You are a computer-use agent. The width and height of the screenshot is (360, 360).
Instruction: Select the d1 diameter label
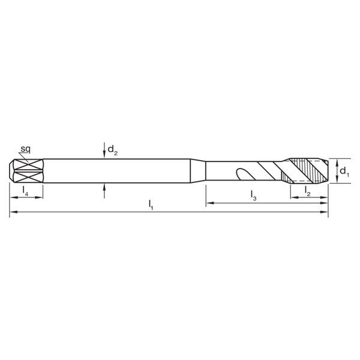pos(344,172)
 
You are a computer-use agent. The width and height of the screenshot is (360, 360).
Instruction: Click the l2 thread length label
pos(307,191)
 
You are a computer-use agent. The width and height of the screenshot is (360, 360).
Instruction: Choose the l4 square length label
pos(25,191)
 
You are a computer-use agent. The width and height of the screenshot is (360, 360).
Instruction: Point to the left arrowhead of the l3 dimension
pos(209,205)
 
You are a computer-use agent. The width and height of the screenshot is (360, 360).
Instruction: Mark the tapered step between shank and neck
pos(197,170)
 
